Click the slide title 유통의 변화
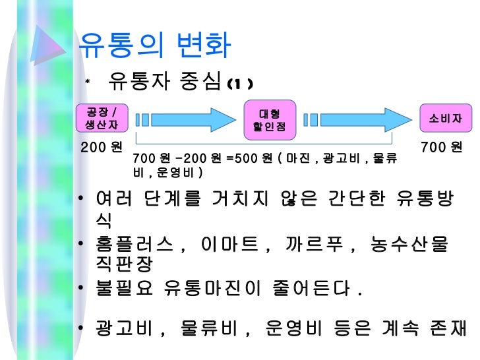tap(154, 45)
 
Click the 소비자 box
tap(445, 119)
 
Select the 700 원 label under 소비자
tap(442, 146)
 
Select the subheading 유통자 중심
tap(164, 82)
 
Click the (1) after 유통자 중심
tap(238, 84)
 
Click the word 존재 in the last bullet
tap(446, 327)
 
